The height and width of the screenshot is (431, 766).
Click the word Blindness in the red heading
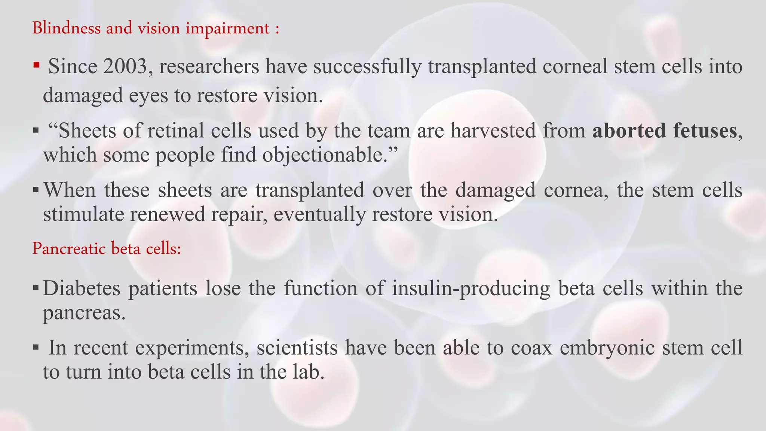66,28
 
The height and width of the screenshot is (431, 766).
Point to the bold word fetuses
705,131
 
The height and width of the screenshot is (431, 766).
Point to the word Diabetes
82,288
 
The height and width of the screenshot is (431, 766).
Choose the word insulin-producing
471,288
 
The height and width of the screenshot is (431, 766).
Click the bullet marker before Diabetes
36,288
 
